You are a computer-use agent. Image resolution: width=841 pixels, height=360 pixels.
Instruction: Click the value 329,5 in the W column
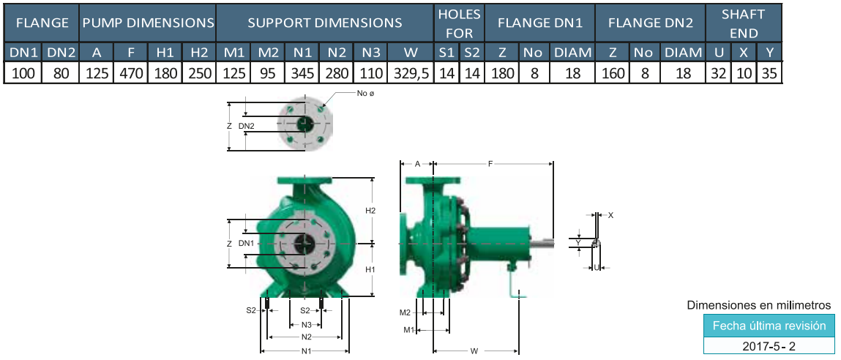pyautogui.click(x=411, y=73)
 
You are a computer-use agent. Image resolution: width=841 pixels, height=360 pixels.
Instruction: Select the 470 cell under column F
pyautogui.click(x=130, y=73)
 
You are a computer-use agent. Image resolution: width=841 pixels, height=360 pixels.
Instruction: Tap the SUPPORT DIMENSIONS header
pyautogui.click(x=325, y=23)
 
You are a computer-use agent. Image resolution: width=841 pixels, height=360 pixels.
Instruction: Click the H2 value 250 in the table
pyautogui.click(x=199, y=73)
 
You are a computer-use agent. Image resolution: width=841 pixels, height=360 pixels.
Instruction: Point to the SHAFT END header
pyautogui.click(x=743, y=23)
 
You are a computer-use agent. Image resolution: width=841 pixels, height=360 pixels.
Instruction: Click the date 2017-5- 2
pyautogui.click(x=769, y=347)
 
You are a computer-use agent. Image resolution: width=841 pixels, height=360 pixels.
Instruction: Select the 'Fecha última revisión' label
pyautogui.click(x=769, y=326)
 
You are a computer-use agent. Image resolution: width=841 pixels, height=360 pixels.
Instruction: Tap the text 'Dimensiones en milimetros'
pyautogui.click(x=760, y=305)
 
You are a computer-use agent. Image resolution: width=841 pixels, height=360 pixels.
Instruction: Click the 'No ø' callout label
pyautogui.click(x=365, y=94)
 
